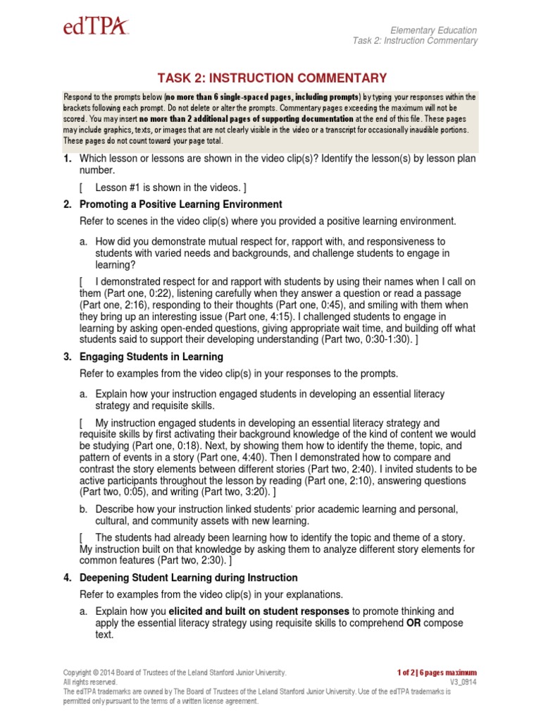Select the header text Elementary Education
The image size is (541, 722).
434,30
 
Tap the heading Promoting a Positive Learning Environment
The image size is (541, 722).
181,204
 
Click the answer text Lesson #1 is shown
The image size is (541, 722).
166,188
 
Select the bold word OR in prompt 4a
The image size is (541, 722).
415,623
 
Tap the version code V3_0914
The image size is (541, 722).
463,683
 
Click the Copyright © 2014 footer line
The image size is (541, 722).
175,673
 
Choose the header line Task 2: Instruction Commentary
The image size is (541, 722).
415,41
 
